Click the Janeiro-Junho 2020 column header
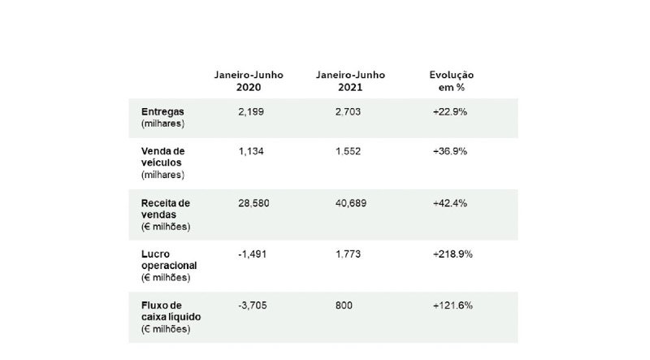coord(240,80)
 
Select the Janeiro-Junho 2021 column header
coord(350,80)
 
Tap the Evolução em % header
coord(453,80)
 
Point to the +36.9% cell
coord(450,151)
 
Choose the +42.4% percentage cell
coord(450,202)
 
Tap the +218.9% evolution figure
coord(453,254)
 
